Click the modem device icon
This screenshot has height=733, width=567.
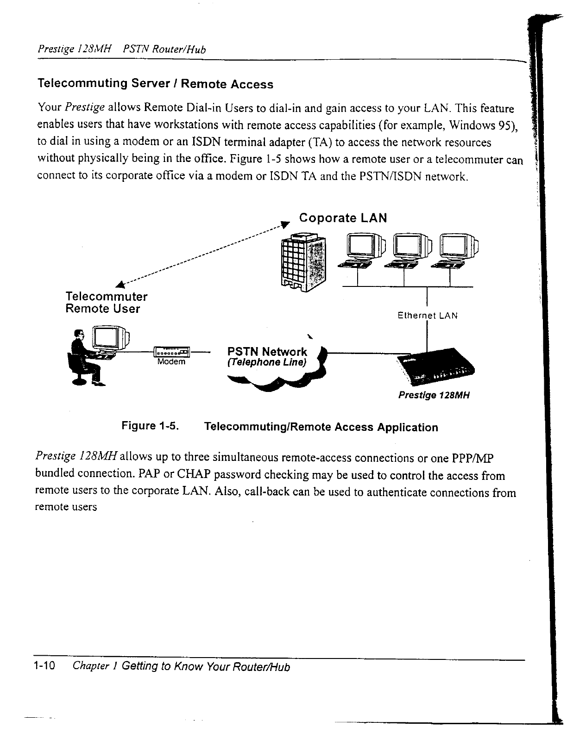(171, 352)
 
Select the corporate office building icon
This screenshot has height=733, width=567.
(303, 262)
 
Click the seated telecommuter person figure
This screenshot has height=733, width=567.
(85, 358)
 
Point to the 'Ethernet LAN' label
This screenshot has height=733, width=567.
(428, 316)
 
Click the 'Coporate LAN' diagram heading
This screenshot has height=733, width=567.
(343, 218)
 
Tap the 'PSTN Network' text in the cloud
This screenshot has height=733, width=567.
(267, 352)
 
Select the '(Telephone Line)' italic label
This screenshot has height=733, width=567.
(267, 362)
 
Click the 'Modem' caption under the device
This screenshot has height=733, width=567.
(171, 361)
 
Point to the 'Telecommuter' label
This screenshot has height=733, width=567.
(107, 297)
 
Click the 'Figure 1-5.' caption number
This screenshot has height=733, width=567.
(150, 426)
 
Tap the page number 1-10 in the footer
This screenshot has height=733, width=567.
(44, 665)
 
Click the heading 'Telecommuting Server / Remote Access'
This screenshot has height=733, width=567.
(155, 83)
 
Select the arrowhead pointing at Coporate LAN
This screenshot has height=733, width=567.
(286, 224)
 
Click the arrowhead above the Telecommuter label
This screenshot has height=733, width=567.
(120, 285)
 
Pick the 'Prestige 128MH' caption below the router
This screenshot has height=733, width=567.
(434, 395)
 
